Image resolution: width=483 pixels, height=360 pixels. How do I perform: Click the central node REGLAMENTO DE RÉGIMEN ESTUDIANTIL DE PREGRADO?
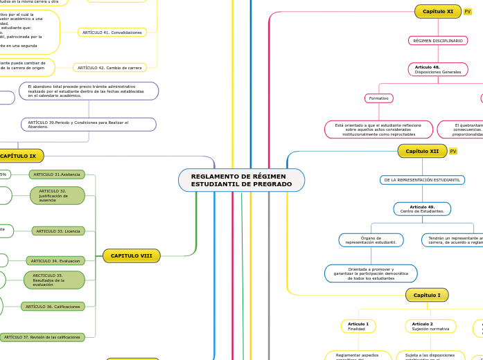[241, 180]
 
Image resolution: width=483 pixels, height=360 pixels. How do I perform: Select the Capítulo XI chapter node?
[437, 11]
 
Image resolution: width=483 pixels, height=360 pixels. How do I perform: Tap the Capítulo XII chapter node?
[422, 151]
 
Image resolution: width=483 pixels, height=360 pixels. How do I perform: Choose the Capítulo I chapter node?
[426, 295]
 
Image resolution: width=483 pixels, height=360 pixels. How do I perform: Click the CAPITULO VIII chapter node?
[131, 255]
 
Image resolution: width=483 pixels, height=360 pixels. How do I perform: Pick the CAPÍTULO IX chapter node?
[19, 156]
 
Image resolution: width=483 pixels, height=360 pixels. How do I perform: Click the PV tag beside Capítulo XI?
[468, 12]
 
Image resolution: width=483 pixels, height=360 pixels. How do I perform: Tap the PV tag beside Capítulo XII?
[453, 151]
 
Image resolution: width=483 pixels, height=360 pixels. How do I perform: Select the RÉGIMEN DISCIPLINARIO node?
[437, 41]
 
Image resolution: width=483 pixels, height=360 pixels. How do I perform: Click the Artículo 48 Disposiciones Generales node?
[437, 69]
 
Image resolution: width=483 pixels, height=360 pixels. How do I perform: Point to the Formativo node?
[378, 98]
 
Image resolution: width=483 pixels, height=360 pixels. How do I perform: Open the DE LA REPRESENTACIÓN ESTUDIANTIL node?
[422, 180]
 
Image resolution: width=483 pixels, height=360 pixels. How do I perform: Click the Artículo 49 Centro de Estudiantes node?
[422, 208]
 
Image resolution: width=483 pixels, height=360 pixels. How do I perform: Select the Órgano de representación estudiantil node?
[371, 240]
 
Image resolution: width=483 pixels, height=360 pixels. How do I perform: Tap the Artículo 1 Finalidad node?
[358, 326]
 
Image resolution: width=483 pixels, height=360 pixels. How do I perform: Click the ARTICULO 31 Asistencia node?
[57, 174]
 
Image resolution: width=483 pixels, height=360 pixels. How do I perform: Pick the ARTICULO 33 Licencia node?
[58, 231]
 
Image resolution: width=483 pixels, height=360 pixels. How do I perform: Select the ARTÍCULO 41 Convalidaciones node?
[112, 33]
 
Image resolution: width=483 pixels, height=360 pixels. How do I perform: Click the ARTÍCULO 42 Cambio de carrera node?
[109, 68]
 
